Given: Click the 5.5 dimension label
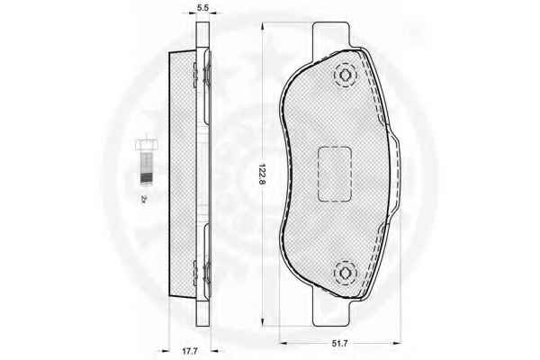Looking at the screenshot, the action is (202, 7).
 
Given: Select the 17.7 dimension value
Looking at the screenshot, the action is (190, 351).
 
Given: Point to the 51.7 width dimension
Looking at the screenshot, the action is (339, 343).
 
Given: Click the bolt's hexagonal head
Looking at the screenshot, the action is (146, 145).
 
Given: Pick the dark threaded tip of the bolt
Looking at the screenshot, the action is (146, 179).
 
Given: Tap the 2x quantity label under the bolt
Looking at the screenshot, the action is (144, 199).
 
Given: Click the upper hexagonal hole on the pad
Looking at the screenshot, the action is (345, 75).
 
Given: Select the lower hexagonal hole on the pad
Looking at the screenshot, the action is (345, 273).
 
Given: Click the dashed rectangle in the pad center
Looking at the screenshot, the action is (334, 174).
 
